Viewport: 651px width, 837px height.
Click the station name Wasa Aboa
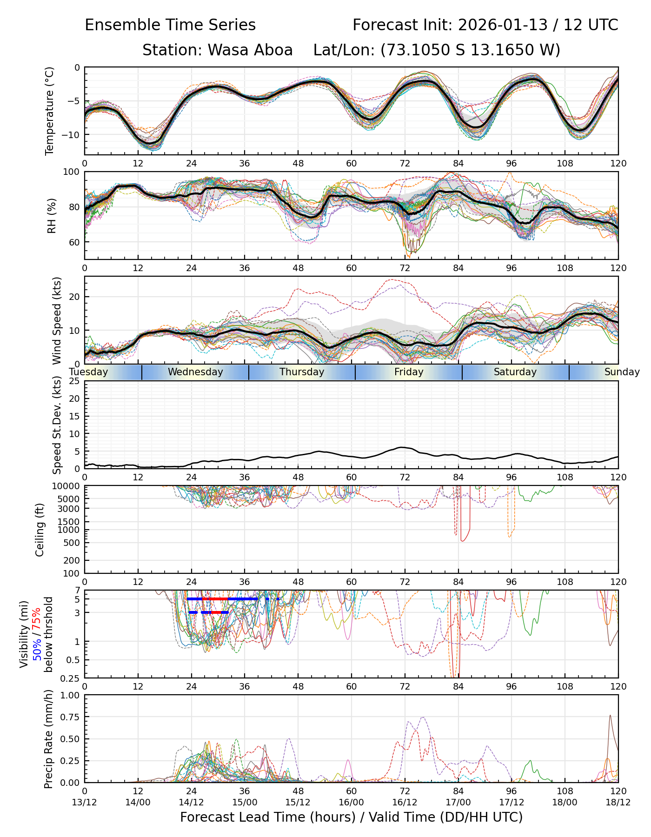250,50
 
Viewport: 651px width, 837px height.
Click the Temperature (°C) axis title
50,111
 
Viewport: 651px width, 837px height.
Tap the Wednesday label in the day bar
195,372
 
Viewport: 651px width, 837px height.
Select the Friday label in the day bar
409,372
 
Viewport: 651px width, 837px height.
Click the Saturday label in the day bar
515,372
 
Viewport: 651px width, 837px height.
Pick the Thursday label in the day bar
302,372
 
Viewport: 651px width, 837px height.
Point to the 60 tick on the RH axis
75,242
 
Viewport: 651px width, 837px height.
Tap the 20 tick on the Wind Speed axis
75,297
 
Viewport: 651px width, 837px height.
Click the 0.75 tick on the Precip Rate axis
71,717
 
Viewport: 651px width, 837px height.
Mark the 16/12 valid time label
405,802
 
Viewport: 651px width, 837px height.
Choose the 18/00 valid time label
565,802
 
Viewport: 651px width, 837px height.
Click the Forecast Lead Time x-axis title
351,817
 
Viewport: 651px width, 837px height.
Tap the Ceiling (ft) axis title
40,530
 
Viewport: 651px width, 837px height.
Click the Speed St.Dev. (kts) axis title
57,426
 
